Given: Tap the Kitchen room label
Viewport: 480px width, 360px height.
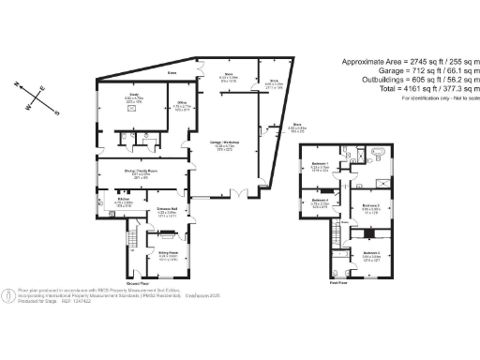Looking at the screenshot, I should tap(122, 199).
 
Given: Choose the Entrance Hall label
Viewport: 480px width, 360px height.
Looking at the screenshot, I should tap(169, 209).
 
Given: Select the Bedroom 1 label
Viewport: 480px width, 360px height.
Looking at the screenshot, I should tap(320, 167).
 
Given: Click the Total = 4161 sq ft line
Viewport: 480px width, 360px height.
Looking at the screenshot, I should tap(402, 88).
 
